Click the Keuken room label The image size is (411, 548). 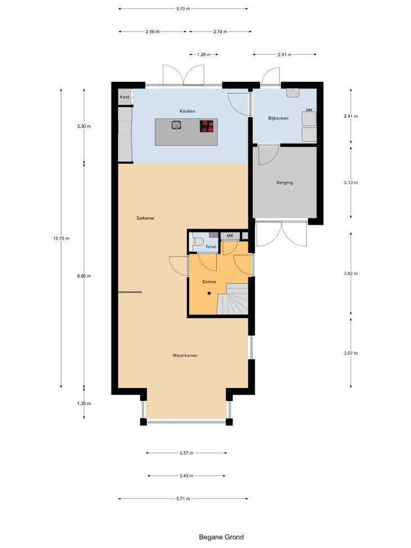(187, 111)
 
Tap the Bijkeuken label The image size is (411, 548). (278, 118)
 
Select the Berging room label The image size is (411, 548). (284, 182)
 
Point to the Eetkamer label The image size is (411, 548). (145, 218)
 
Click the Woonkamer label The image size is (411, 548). (185, 355)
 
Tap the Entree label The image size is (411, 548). (209, 282)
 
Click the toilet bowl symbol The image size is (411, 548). (198, 242)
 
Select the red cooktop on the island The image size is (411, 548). (207, 126)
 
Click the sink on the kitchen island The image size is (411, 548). (176, 125)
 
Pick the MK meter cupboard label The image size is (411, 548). (230, 236)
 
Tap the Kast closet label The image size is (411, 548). (124, 97)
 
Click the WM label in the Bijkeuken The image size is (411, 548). (309, 110)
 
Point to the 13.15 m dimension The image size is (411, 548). (61, 238)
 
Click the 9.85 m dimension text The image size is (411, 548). (84, 276)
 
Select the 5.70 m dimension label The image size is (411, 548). (183, 9)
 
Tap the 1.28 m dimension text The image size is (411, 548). (204, 55)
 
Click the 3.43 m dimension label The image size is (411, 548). (186, 476)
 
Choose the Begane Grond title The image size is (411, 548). (221, 537)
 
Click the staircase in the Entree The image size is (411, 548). (233, 299)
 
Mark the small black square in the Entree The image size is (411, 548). (209, 293)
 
